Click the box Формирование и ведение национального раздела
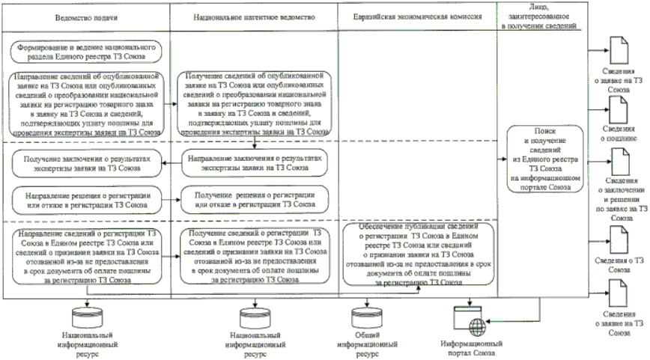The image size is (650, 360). point(88,52)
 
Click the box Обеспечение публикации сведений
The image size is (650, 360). point(417,254)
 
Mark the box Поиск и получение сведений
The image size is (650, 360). point(537,158)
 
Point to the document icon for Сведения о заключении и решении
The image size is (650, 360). point(620,160)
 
